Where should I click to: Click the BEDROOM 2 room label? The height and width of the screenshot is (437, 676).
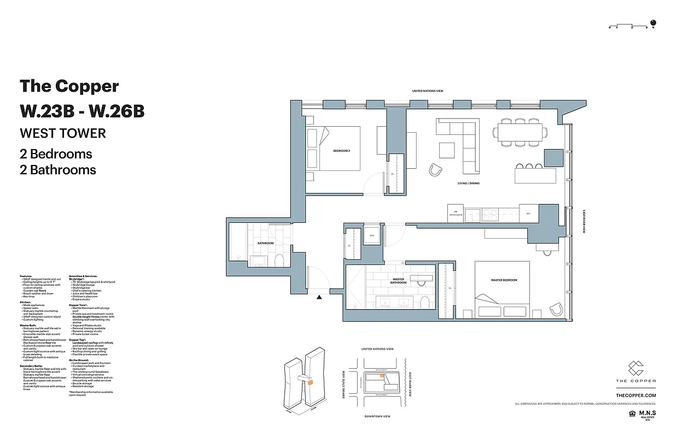click(341, 151)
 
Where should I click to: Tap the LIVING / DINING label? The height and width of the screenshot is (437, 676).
click(469, 184)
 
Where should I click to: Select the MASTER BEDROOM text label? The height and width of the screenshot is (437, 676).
click(504, 280)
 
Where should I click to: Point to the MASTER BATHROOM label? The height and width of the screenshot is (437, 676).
click(399, 281)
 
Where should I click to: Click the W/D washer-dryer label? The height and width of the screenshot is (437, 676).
click(372, 236)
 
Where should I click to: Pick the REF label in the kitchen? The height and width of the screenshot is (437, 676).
click(528, 214)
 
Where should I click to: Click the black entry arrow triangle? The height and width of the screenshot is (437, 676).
click(319, 297)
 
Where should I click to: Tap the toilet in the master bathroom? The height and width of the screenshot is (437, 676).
click(424, 303)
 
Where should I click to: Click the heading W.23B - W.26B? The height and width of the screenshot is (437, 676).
click(82, 111)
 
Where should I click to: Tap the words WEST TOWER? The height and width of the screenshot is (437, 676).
click(63, 133)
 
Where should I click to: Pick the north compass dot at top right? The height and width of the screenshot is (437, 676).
click(653, 23)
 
